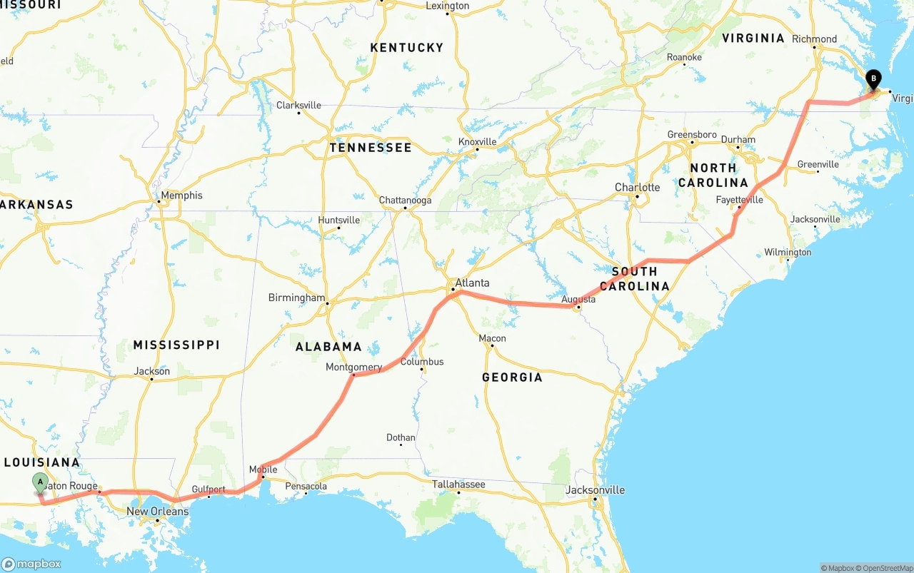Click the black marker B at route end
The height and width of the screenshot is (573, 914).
tap(873, 80)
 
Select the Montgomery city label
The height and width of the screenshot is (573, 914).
tap(353, 367)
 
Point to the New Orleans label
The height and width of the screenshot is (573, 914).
tap(157, 511)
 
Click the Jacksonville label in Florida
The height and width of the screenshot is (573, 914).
tap(595, 490)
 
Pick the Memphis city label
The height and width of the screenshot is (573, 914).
tap(181, 195)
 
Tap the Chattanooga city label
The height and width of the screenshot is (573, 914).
tap(405, 200)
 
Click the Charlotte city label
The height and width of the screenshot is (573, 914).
tap(637, 187)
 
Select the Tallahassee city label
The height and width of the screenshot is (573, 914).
tap(458, 484)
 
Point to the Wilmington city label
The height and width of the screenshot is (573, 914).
tap(788, 252)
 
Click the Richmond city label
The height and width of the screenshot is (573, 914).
tap(814, 39)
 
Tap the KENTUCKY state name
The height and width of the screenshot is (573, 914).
tap(406, 47)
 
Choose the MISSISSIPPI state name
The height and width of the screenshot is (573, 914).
tap(176, 345)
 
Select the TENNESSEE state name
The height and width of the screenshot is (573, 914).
tap(370, 148)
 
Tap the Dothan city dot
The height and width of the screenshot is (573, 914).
tap(401, 445)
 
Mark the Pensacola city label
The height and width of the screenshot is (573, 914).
tap(306, 486)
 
